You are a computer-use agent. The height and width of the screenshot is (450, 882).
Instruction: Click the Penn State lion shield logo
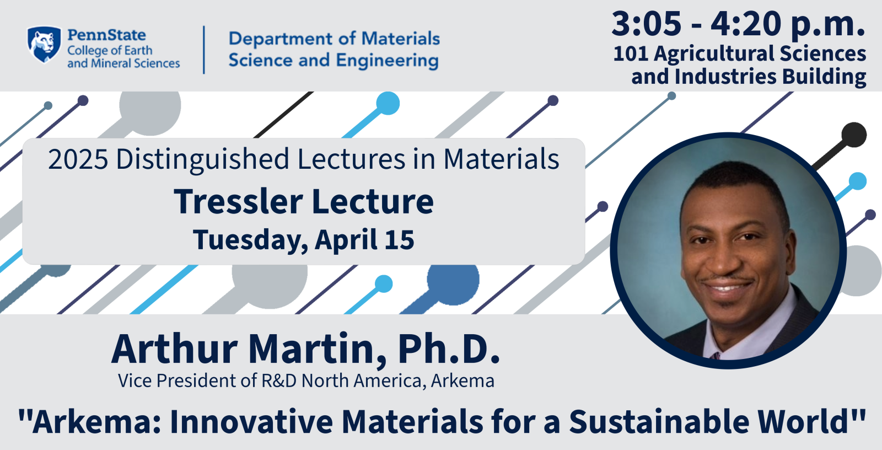[44, 44]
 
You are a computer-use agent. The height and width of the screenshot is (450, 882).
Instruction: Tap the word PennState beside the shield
[106, 35]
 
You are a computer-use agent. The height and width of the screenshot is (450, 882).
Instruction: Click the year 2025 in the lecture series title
[78, 159]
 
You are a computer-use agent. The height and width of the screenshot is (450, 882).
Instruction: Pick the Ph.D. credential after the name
[449, 349]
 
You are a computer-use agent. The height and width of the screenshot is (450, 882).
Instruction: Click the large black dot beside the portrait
[854, 135]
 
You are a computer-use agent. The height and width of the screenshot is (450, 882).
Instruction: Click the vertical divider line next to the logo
[204, 50]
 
